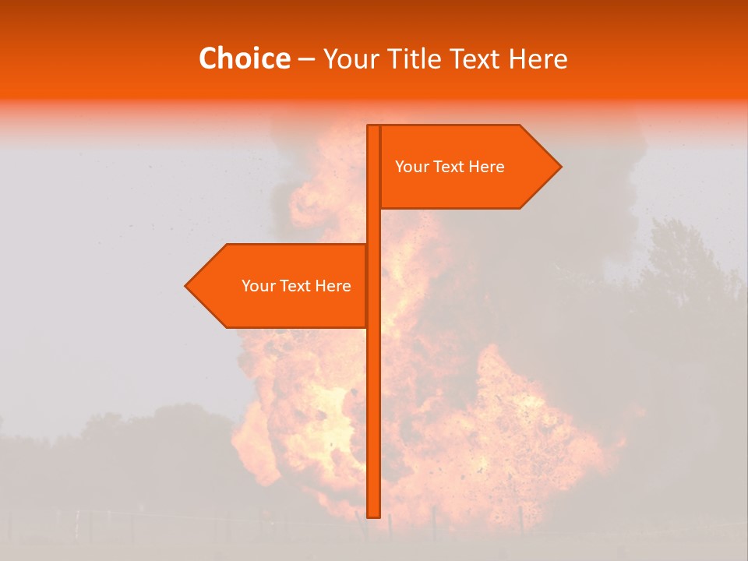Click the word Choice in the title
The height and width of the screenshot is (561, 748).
244,58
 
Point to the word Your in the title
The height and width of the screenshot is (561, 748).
350,58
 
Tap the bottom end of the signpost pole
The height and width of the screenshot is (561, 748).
373,514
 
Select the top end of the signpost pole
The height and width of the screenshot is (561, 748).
373,127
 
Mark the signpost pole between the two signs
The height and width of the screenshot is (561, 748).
373,226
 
